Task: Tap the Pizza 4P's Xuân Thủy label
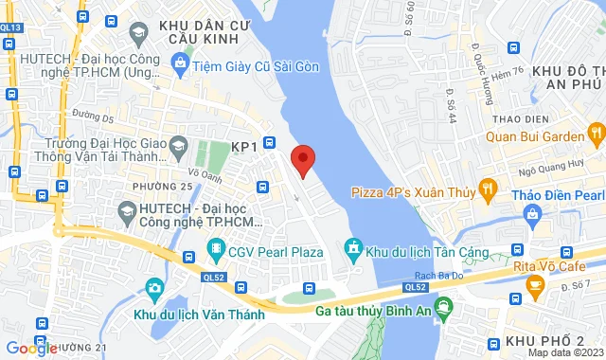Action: click(413, 192)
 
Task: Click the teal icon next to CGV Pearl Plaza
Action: click(215, 252)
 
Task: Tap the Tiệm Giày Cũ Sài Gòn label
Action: click(256, 65)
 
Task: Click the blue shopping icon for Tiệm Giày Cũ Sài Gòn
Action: click(179, 64)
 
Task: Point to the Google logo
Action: click(31, 348)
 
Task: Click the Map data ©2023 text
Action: click(564, 352)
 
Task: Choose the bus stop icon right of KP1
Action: click(270, 143)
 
